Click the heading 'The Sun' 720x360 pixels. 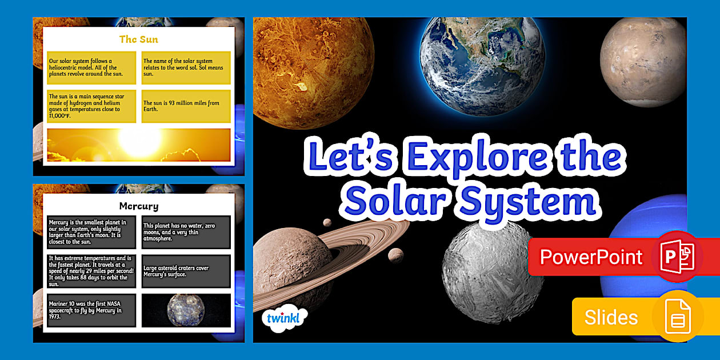pos(138,39)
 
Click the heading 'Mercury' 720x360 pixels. pos(138,206)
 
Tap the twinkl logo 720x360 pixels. pos(283,318)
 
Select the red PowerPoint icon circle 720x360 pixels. pos(677,257)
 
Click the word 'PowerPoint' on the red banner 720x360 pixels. pos(591,257)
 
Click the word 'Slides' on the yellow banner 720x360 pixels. pos(611,317)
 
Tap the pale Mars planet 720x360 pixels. pos(643,54)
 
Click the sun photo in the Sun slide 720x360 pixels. pos(139,145)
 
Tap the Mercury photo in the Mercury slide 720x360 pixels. pos(186,310)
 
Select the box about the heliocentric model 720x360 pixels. pos(91,67)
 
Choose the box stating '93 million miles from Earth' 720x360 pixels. pos(186,106)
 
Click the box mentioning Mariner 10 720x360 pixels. pos(91,310)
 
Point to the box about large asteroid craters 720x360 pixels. pos(186,271)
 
